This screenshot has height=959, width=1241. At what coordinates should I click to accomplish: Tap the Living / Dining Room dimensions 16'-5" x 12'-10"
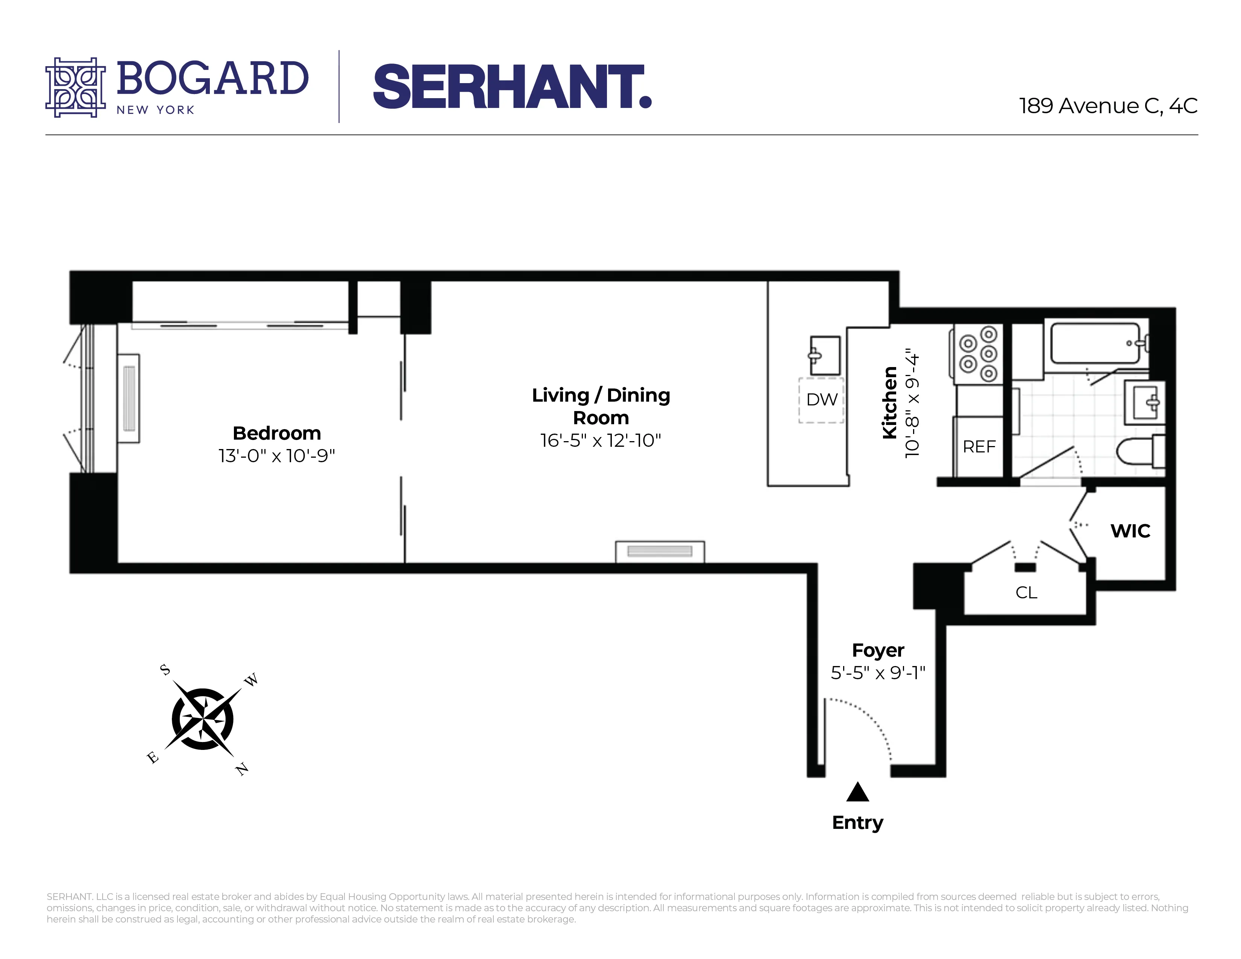pyautogui.click(x=601, y=440)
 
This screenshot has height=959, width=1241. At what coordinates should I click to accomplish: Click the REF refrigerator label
pyautogui.click(x=979, y=446)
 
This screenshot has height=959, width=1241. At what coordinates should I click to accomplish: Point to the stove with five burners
pyautogui.click(x=978, y=354)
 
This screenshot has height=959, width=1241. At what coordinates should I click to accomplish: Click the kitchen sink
pyautogui.click(x=824, y=355)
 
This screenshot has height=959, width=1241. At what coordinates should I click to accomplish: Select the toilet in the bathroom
pyautogui.click(x=1139, y=452)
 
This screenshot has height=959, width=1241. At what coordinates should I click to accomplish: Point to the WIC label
pyautogui.click(x=1130, y=531)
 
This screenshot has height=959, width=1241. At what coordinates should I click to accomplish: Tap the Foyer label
pyautogui.click(x=878, y=650)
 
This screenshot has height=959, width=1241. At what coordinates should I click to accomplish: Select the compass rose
pyautogui.click(x=202, y=719)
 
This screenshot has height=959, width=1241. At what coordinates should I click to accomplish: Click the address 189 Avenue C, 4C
pyautogui.click(x=1108, y=106)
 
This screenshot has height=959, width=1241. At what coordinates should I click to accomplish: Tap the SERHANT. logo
pyautogui.click(x=512, y=86)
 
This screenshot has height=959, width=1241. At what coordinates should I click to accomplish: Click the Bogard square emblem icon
pyautogui.click(x=76, y=88)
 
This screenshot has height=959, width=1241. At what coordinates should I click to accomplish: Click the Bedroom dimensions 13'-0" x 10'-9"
pyautogui.click(x=277, y=456)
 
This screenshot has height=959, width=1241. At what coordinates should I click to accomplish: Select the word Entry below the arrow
pyautogui.click(x=857, y=822)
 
